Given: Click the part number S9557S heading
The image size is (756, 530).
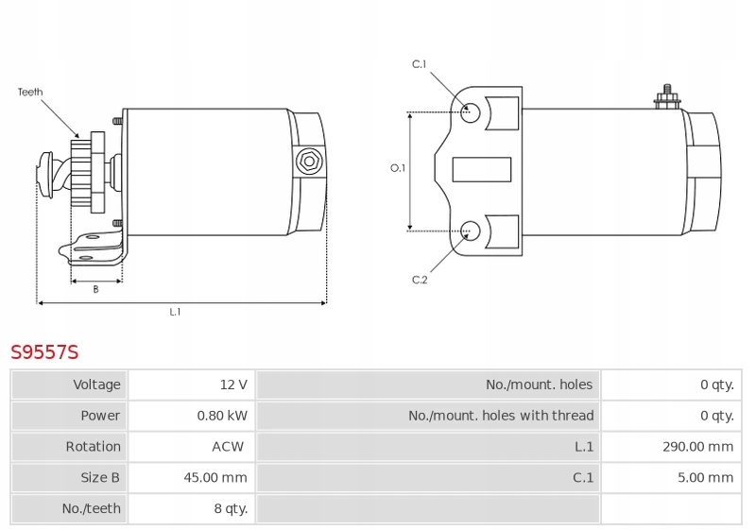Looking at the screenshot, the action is (44, 352).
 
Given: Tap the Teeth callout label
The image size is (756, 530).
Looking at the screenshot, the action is (30, 93).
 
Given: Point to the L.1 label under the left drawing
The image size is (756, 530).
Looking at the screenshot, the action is (175, 312).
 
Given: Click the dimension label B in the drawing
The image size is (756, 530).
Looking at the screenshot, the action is (95, 289).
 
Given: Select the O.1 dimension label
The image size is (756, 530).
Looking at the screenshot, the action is (398, 168).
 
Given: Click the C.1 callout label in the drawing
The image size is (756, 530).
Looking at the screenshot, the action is (420, 64).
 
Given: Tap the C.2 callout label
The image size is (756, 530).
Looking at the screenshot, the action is (420, 280).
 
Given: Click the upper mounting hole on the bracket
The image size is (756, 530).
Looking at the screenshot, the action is (470, 112).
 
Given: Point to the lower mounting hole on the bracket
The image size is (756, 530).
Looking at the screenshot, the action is (470, 230).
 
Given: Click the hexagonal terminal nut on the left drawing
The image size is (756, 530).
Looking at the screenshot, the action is (307, 162).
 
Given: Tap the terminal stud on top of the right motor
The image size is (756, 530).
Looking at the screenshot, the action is (666, 95).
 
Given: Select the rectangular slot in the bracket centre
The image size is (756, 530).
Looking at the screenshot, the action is (482, 169).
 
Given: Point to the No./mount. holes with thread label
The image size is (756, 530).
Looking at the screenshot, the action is (501, 416).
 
